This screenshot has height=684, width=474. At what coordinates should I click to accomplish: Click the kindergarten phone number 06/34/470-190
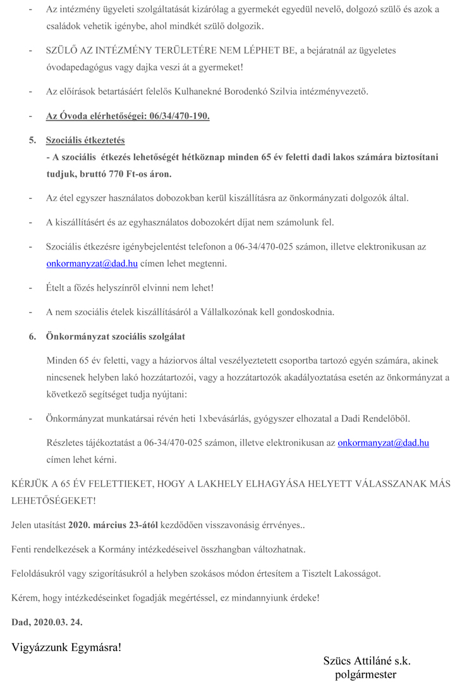179,116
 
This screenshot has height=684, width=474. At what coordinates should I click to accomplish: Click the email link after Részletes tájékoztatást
383,443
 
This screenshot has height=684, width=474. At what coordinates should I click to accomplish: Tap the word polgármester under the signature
367,675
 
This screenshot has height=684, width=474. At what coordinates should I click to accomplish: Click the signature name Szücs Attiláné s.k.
367,661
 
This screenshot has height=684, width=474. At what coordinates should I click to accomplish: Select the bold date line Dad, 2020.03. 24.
47,621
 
